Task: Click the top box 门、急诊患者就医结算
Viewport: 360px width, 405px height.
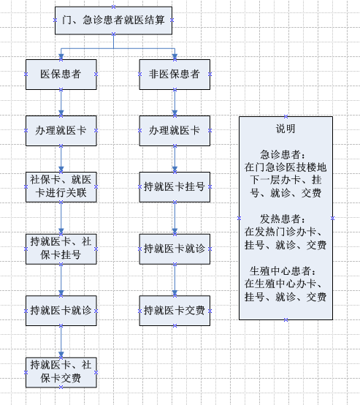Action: pyautogui.click(x=113, y=20)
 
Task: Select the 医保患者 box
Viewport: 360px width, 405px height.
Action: pyautogui.click(x=61, y=75)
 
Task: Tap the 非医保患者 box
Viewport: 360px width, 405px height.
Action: pyautogui.click(x=175, y=75)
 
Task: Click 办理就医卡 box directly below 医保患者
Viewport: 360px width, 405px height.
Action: pyautogui.click(x=61, y=131)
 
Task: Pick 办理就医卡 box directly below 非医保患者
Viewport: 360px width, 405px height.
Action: pyautogui.click(x=175, y=131)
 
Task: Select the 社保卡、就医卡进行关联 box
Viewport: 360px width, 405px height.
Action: pyautogui.click(x=61, y=187)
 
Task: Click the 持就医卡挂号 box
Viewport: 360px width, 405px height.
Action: pyautogui.click(x=175, y=187)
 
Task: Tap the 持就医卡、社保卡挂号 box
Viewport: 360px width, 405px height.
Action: pyautogui.click(x=61, y=249)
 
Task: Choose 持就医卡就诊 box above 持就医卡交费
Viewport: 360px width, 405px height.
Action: pyautogui.click(x=175, y=249)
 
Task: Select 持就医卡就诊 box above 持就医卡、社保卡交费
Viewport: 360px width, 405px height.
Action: pyautogui.click(x=61, y=311)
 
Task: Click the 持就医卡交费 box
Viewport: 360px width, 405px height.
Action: pyautogui.click(x=175, y=311)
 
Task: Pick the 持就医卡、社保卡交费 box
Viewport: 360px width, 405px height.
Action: pyautogui.click(x=61, y=372)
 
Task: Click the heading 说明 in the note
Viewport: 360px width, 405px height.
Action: pyautogui.click(x=286, y=129)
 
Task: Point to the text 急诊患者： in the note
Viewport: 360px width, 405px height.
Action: pyautogui.click(x=283, y=154)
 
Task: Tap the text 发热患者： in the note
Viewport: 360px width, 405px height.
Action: pyautogui.click(x=283, y=219)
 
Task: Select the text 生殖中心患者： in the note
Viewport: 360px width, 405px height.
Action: pyautogui.click(x=283, y=271)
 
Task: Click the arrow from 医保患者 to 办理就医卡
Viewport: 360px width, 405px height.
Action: pyautogui.click(x=61, y=103)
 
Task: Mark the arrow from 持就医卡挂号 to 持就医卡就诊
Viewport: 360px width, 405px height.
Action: pyautogui.click(x=175, y=219)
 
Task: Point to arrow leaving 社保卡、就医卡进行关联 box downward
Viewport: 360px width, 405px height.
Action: pyautogui.click(x=61, y=219)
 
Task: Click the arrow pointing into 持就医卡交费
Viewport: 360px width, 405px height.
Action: pyautogui.click(x=175, y=280)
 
